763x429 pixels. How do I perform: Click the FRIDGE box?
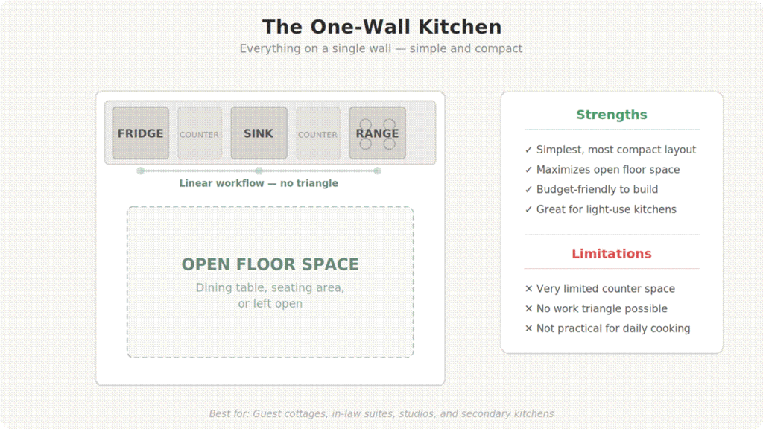(x=141, y=133)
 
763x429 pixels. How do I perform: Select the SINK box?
(x=259, y=133)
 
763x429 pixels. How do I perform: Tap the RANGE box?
(x=377, y=133)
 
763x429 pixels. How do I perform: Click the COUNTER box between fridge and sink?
(x=200, y=133)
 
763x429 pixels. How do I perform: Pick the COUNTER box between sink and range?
(x=318, y=133)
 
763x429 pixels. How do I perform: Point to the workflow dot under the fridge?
(x=141, y=171)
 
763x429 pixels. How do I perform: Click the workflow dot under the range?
(x=377, y=171)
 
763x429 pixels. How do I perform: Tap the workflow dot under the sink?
(x=259, y=171)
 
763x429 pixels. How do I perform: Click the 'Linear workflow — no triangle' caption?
(x=259, y=183)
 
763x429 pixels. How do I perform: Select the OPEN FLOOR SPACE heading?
(x=270, y=264)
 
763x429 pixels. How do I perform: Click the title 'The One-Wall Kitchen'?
(x=382, y=27)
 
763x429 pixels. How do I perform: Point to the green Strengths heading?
(x=612, y=115)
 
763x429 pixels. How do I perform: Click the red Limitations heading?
(x=612, y=253)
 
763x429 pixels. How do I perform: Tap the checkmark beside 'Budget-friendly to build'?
(x=528, y=190)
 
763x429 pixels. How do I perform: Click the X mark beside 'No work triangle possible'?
(x=528, y=308)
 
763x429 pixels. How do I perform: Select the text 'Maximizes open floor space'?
(x=608, y=170)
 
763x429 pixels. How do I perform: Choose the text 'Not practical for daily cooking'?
(x=613, y=328)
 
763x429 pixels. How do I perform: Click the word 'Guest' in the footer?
(x=266, y=413)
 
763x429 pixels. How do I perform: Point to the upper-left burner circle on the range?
(x=366, y=124)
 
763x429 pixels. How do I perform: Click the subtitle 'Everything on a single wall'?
(x=315, y=48)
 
